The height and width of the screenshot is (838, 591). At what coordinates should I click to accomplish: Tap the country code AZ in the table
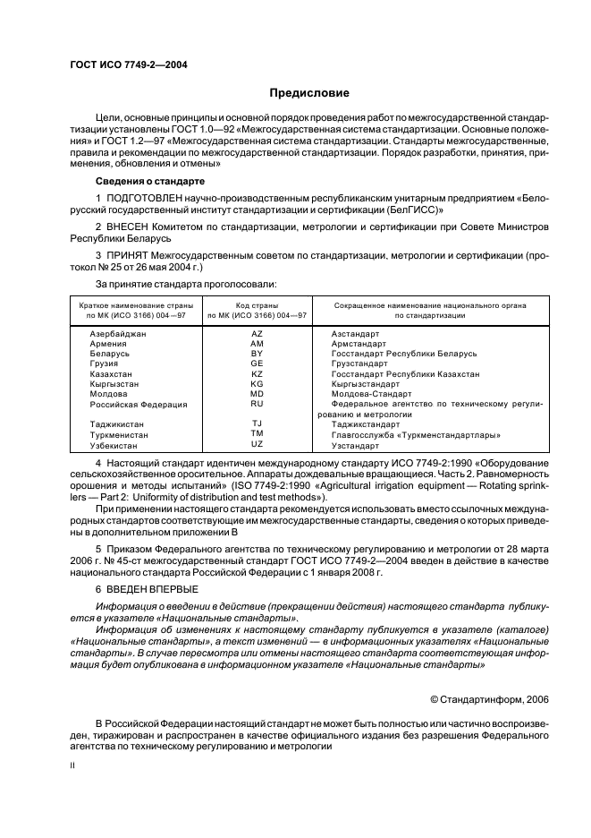tap(257, 333)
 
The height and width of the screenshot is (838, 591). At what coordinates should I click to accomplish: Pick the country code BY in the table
tap(257, 354)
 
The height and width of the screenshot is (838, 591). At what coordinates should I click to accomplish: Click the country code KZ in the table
tap(257, 374)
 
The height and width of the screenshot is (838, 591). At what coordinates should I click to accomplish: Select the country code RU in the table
tap(257, 404)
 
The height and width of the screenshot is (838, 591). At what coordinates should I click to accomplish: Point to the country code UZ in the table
tap(257, 444)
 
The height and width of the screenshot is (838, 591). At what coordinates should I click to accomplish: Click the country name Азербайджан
tap(118, 333)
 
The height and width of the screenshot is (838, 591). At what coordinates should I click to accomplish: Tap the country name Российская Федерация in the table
tap(139, 405)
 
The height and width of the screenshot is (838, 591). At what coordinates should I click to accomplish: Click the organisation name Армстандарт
tap(361, 344)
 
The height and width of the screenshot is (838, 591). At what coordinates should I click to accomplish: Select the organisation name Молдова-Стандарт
tap(371, 394)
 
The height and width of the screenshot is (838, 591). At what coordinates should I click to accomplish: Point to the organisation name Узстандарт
tap(355, 445)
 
